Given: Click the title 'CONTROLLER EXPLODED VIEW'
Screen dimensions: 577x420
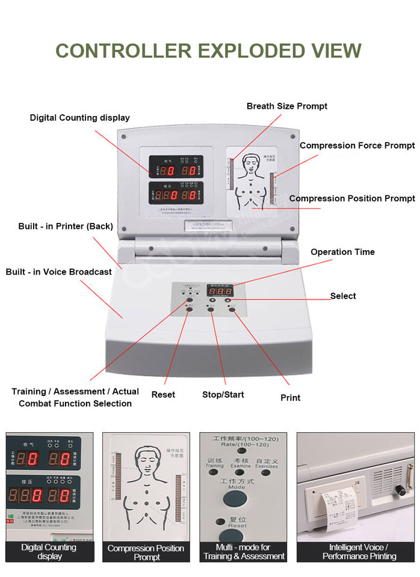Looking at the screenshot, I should (x=208, y=50).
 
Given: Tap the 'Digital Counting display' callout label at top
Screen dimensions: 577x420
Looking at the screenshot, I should (x=79, y=118).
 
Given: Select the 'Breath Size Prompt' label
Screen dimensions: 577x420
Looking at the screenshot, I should (x=287, y=106).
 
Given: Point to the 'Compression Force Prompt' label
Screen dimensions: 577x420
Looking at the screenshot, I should (x=357, y=145).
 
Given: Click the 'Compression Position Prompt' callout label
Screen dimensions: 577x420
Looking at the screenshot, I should (x=352, y=198).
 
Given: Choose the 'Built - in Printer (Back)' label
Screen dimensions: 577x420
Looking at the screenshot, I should (x=66, y=227).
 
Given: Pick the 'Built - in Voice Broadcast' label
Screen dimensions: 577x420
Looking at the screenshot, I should (x=59, y=272).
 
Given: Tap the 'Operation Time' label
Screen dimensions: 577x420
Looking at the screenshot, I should (x=342, y=252).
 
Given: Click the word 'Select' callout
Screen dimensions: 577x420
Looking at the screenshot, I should (x=343, y=296).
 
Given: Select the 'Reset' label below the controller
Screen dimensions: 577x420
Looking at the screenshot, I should (x=163, y=394).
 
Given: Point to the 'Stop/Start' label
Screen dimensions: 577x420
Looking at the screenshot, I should (x=223, y=395).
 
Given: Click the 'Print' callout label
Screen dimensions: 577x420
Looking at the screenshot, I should (x=290, y=397).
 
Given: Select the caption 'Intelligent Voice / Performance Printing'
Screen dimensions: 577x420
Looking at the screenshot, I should (x=359, y=552).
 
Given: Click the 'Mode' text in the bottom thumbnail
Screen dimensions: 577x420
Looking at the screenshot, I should (x=236, y=487).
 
